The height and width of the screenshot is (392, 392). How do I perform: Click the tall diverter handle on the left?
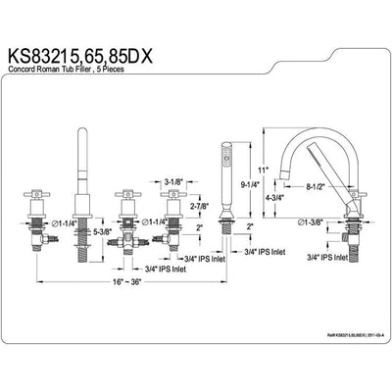tap(81, 157)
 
